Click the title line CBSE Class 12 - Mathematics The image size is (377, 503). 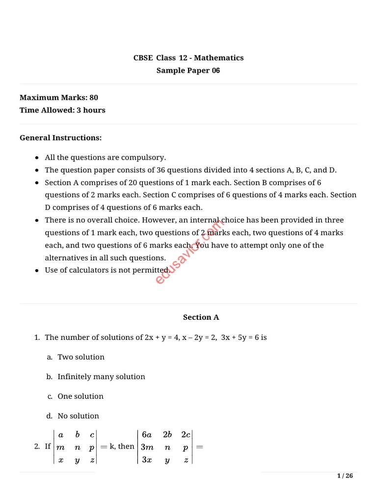188,58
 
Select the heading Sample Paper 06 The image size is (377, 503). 188,71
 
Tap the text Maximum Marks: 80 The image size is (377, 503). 59,98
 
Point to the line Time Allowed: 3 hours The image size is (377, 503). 62,110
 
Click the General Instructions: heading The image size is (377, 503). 60,138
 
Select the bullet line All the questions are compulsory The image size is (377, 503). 106,158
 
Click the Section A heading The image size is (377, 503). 201,317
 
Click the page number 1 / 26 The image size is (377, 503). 345,475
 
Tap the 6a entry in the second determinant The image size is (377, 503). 147,434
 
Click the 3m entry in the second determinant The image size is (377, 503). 147,447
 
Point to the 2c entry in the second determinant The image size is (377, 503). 186,434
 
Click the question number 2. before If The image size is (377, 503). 37,447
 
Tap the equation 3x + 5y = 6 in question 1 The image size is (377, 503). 240,338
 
